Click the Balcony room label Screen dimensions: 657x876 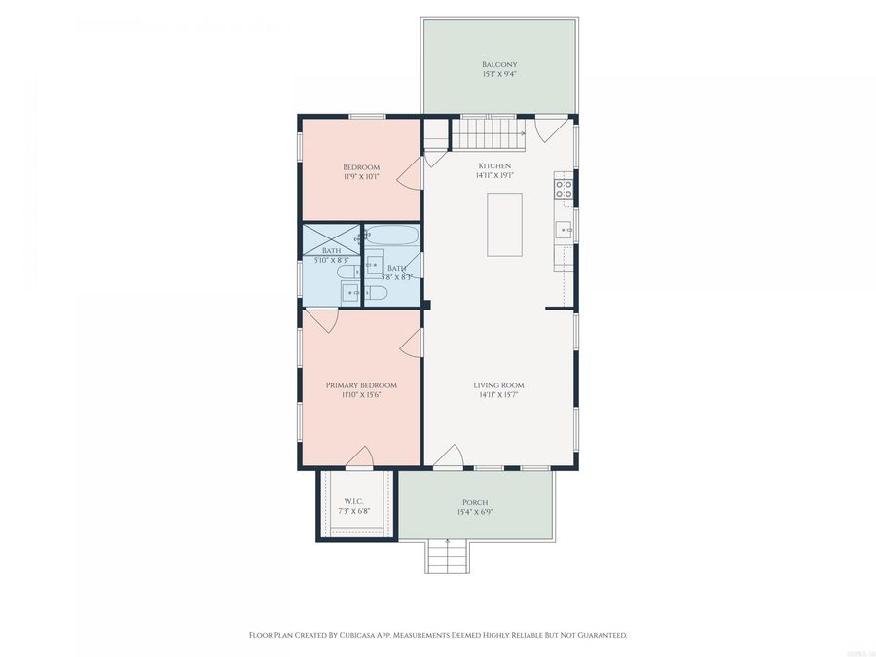[498, 65]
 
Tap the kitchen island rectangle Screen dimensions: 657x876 [504, 224]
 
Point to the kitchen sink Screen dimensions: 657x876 [563, 231]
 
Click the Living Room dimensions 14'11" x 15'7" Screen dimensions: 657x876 [500, 396]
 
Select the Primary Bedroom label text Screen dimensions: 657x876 [361, 385]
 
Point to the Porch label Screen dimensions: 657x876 [475, 502]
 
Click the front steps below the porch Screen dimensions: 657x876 [447, 557]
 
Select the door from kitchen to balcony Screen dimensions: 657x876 [551, 128]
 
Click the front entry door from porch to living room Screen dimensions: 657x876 [447, 457]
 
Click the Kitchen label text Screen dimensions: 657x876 [493, 166]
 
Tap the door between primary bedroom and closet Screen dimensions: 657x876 [359, 457]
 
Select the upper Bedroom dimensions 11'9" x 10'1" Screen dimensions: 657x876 [361, 177]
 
